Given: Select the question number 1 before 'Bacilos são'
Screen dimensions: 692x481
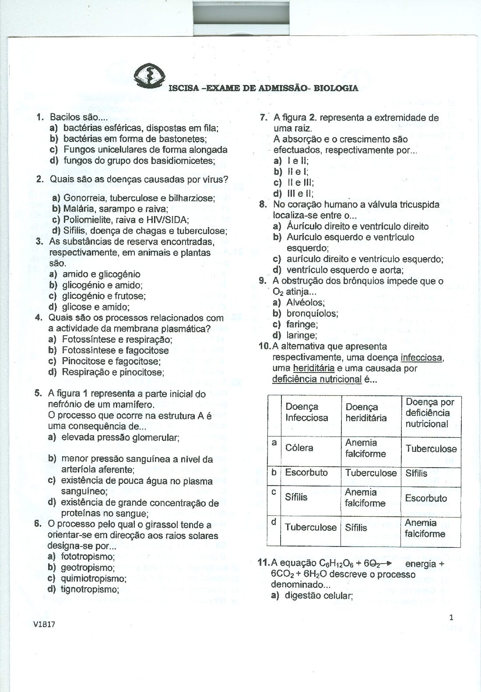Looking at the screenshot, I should tap(40, 117).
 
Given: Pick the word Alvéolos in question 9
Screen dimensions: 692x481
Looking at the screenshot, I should tap(305, 302).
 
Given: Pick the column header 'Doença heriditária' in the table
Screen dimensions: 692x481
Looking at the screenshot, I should tap(366, 412).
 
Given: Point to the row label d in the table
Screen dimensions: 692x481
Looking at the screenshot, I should tap(274, 522).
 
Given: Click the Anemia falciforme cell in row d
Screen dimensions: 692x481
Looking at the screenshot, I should tap(425, 528).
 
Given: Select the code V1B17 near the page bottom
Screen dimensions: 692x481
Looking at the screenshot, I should tap(44, 624).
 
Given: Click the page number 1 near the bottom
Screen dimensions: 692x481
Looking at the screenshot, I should tap(451, 617).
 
